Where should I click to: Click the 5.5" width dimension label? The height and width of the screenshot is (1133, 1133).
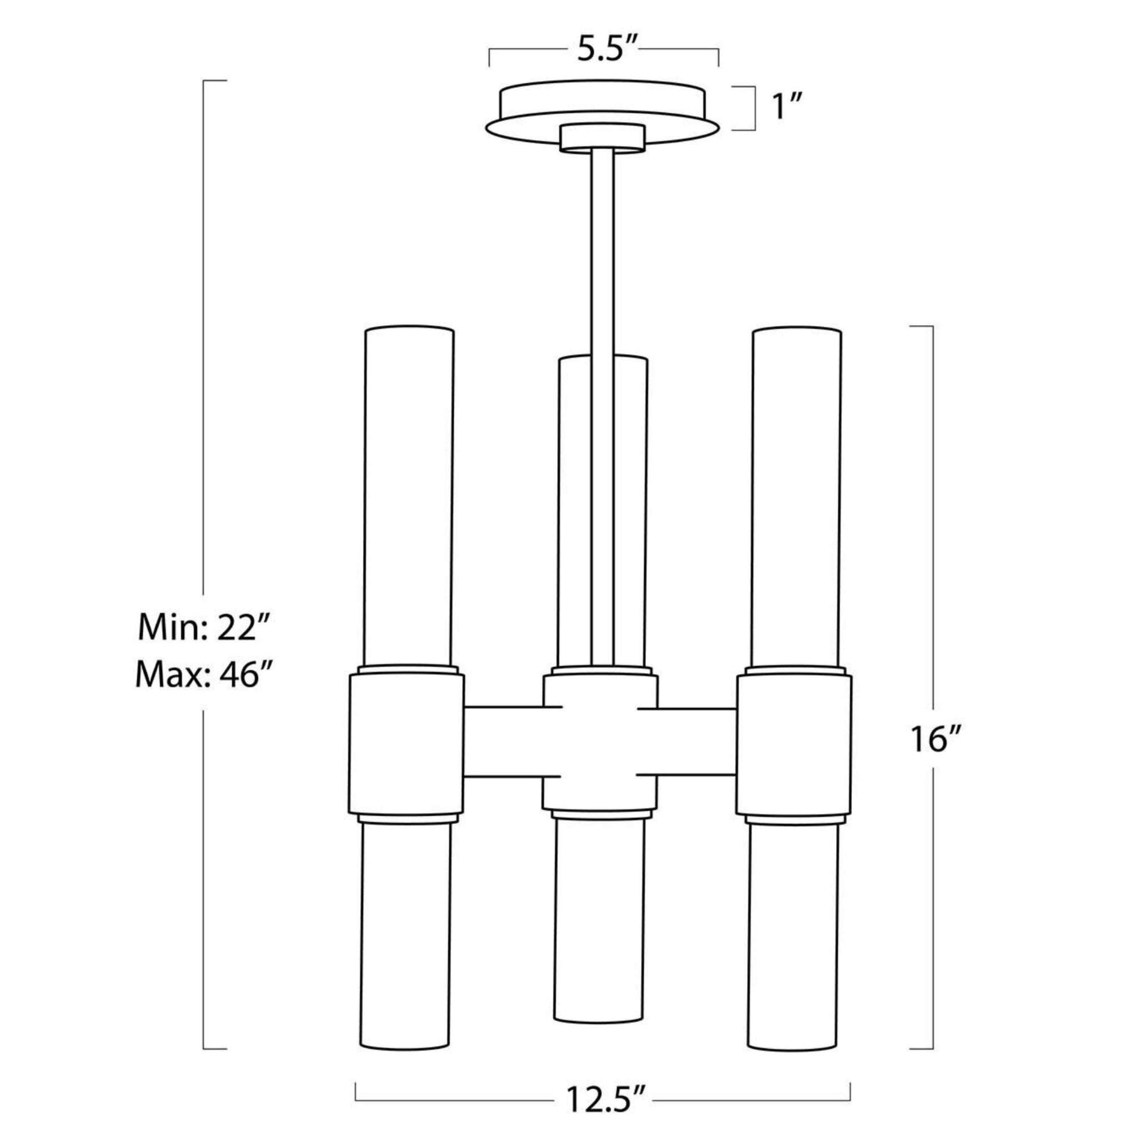tap(604, 51)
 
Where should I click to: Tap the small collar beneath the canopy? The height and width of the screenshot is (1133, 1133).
tap(602, 138)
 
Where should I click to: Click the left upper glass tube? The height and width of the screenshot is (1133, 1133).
tap(409, 499)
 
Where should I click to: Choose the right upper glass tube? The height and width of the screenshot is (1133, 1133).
tap(797, 499)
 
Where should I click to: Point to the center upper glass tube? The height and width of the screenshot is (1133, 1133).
tap(574, 510)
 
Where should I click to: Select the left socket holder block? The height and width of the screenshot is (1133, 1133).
tap(406, 744)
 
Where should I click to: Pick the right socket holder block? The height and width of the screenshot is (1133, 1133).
tap(794, 744)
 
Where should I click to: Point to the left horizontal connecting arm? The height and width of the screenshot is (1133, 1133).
tap(504, 743)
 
